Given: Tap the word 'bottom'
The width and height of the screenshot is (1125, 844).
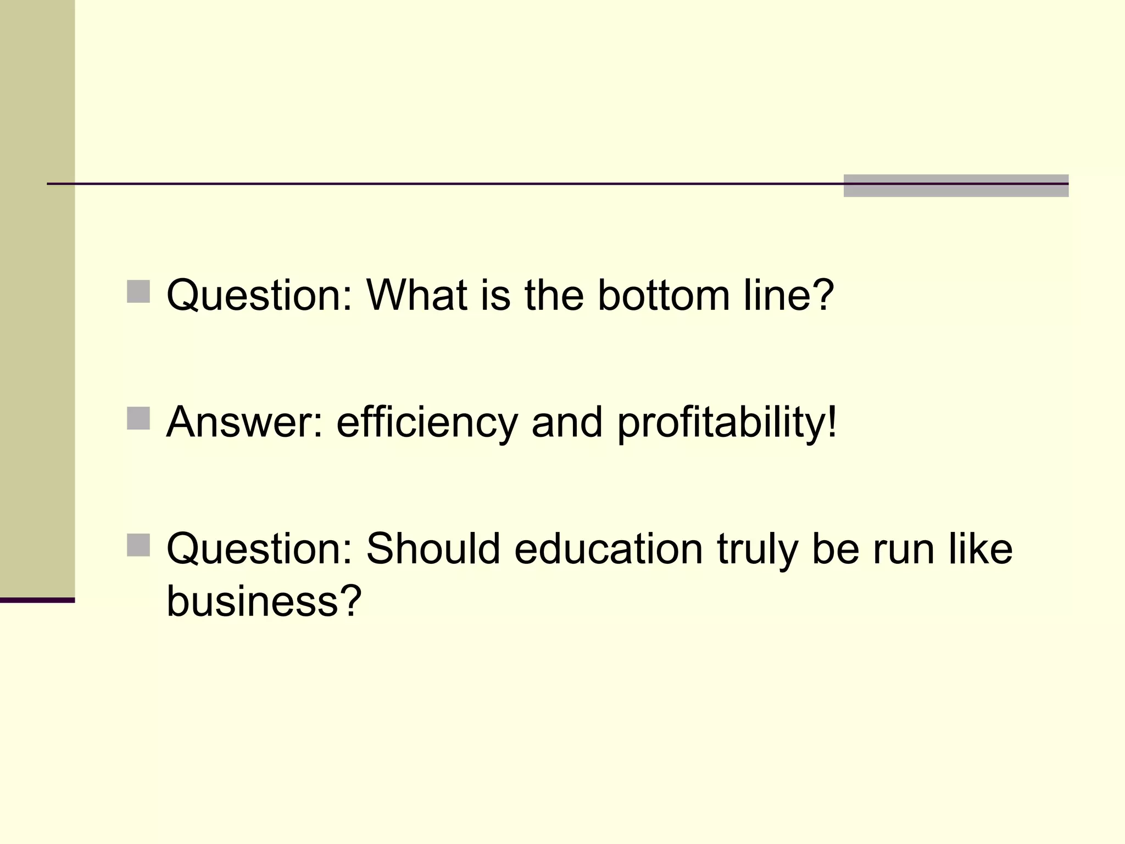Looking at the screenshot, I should pyautogui.click(x=663, y=295).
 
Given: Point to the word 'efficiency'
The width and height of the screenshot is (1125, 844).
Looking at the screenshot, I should pyautogui.click(x=427, y=422).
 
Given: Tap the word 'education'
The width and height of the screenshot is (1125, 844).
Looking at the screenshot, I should pyautogui.click(x=608, y=548).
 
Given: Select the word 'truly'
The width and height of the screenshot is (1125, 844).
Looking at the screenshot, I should pyautogui.click(x=757, y=548).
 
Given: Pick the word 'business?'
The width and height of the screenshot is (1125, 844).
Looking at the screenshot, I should pyautogui.click(x=264, y=599).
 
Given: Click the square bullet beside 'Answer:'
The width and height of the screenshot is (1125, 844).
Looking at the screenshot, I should pyautogui.click(x=138, y=418).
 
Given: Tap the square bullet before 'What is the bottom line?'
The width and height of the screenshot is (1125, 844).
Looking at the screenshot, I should pyautogui.click(x=138, y=292).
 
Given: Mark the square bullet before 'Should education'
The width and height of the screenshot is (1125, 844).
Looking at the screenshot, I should pyautogui.click(x=138, y=545).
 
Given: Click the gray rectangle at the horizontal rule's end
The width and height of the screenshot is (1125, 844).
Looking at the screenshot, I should pyautogui.click(x=956, y=186).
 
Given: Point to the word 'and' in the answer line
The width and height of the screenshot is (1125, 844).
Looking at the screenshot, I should pyautogui.click(x=567, y=422).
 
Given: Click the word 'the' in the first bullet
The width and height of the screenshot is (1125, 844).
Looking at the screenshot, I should pyautogui.click(x=554, y=295).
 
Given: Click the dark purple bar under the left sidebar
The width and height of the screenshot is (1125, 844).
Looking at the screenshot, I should pyautogui.click(x=37, y=600).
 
